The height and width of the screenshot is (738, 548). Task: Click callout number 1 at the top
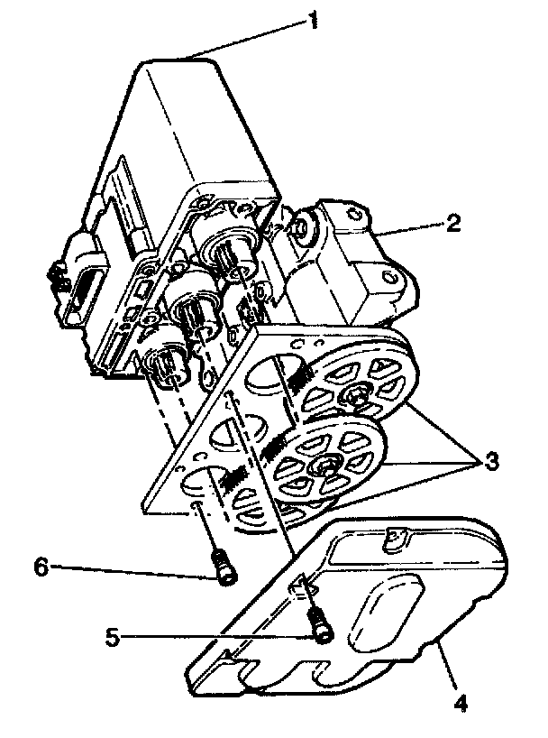(313, 20)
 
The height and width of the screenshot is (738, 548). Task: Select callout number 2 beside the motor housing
(452, 222)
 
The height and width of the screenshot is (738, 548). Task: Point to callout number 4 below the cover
(462, 699)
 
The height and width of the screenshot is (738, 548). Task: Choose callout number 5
(113, 636)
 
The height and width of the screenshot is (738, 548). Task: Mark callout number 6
(40, 567)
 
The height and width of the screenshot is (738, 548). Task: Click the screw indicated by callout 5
(318, 625)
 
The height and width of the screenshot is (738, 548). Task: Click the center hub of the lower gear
(323, 466)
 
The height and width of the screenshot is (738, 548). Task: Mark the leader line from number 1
(252, 38)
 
